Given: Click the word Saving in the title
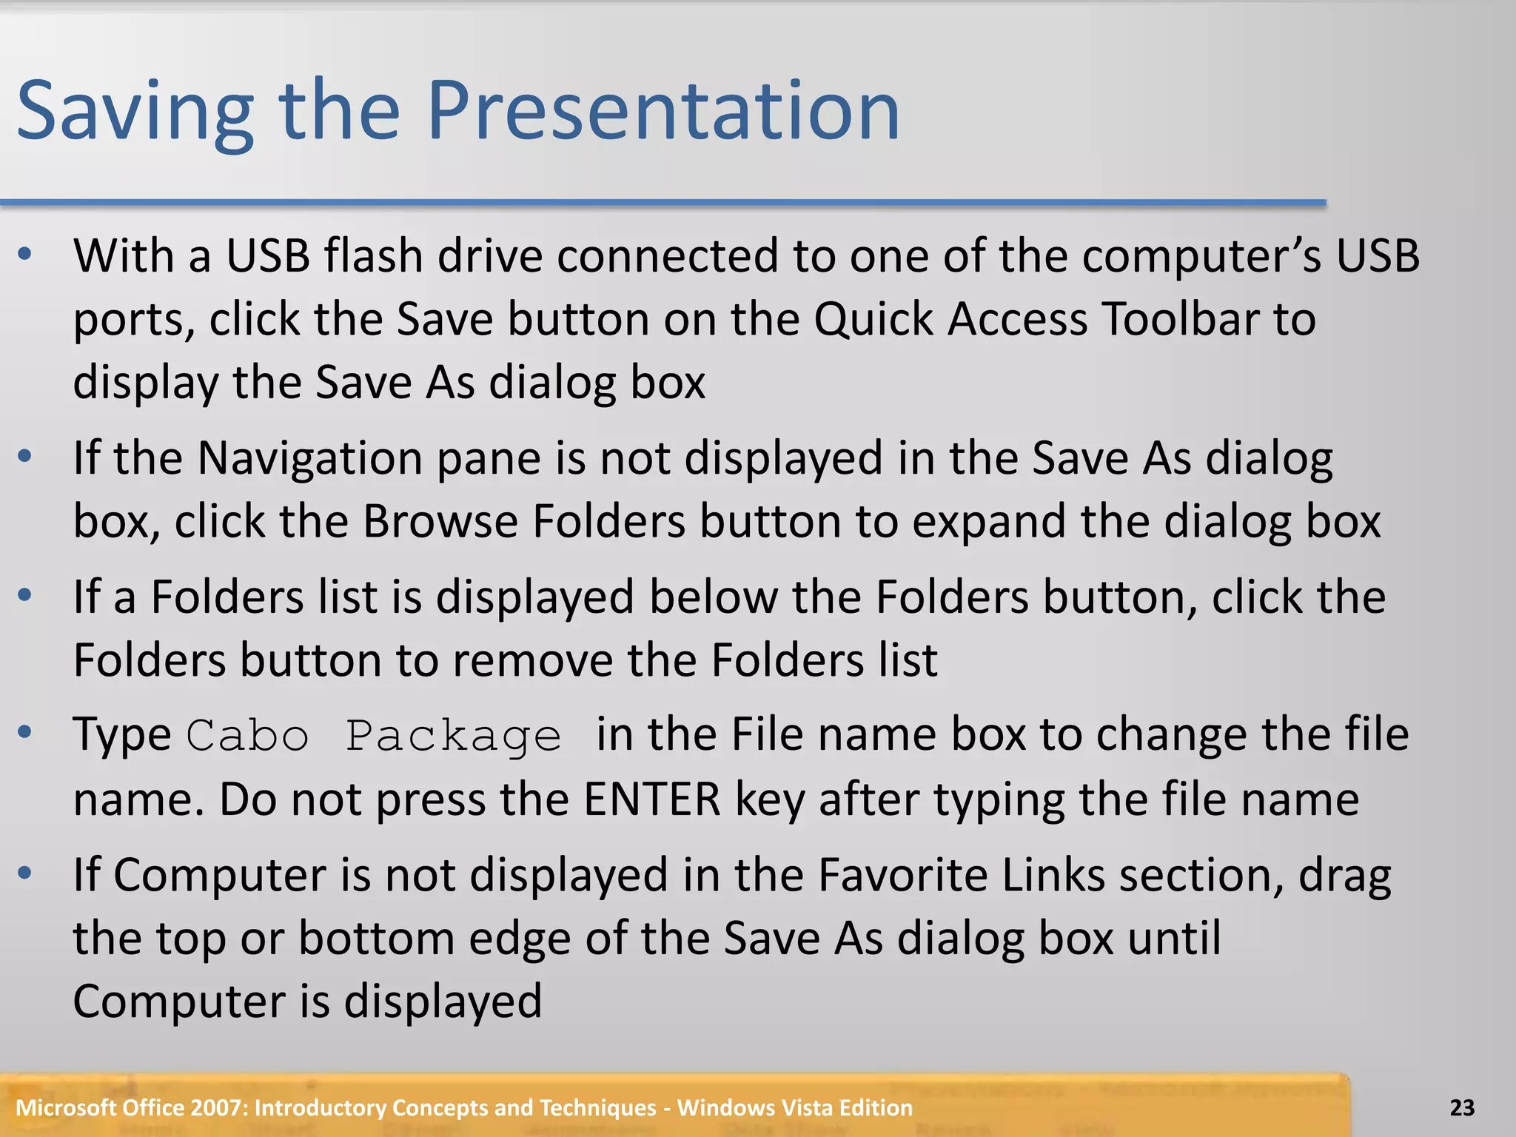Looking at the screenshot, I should pyautogui.click(x=135, y=113).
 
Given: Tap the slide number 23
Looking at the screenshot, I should pyautogui.click(x=1461, y=1107).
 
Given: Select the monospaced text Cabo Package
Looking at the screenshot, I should pyautogui.click(x=374, y=737).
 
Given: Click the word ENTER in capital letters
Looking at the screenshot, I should pyautogui.click(x=651, y=799).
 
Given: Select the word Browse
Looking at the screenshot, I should pyautogui.click(x=440, y=522).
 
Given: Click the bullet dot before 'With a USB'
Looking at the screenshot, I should pyautogui.click(x=25, y=255).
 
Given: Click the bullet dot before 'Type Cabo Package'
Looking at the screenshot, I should pyautogui.click(x=25, y=733).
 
